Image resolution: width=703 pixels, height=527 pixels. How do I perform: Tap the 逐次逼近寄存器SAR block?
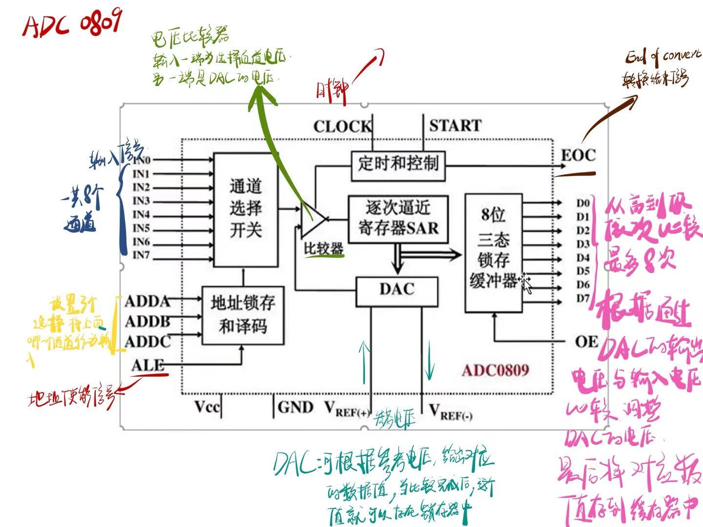[398, 219]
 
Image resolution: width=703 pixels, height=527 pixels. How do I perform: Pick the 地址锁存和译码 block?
[243, 315]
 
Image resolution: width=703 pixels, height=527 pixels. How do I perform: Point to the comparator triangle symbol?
[311, 219]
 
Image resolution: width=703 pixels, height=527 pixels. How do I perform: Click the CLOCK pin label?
[342, 127]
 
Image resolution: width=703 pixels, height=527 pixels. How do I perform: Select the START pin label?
[455, 126]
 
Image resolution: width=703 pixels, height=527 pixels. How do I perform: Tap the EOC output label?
[579, 156]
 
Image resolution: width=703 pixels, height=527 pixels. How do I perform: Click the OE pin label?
[586, 342]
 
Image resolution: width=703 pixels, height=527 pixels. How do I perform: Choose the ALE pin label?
[147, 365]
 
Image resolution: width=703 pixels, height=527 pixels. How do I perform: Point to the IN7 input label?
[141, 255]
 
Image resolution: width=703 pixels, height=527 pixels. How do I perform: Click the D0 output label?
[583, 203]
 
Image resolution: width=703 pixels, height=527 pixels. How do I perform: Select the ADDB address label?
[147, 322]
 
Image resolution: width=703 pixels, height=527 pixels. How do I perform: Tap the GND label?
[295, 407]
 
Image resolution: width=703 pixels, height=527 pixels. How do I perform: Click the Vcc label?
[207, 407]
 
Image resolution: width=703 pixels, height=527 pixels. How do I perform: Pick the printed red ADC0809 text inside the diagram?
[495, 370]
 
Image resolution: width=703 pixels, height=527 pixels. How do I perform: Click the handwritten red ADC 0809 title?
[71, 24]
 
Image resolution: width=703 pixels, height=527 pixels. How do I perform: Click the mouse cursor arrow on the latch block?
[526, 283]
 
